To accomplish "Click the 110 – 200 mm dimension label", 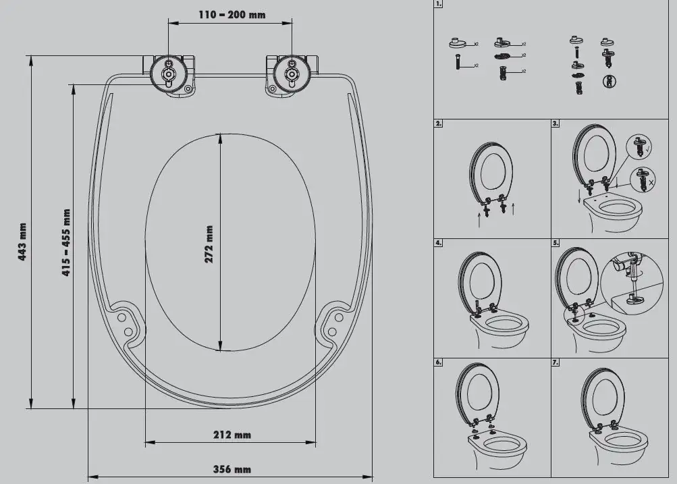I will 232,14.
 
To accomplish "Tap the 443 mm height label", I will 22,242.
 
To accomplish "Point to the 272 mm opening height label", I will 209,244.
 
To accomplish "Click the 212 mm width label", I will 232,435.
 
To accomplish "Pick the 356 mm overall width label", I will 232,470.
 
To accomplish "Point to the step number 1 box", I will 439,5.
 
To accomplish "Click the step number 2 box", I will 439,124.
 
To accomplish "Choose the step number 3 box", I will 556,124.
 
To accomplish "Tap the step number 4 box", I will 439,242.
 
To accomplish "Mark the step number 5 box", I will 556,242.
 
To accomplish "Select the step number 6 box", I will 439,362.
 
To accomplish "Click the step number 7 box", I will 556,362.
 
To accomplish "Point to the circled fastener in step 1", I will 609,82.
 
